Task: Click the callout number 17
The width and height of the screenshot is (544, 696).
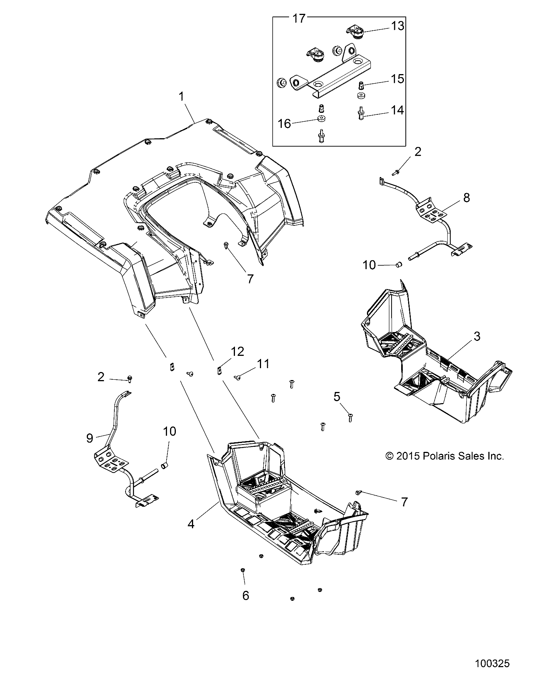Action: pos(299,18)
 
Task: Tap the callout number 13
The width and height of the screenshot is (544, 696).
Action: pos(398,26)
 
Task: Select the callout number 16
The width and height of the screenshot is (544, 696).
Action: pos(284,124)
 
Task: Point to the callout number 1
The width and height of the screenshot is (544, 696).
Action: pos(182,96)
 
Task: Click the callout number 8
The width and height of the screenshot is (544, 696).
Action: pos(466,198)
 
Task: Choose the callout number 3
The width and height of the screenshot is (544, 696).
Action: pos(476,336)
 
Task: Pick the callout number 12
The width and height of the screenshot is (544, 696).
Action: pos(237,351)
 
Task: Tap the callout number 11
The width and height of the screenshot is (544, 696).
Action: pos(263,364)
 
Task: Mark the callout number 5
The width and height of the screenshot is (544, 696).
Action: pos(337,397)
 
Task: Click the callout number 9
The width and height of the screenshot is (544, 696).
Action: pos(89,438)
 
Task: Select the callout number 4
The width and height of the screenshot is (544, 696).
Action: pos(191,524)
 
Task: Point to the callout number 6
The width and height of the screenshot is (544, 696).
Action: pos(246,595)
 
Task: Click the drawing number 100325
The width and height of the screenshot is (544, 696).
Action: pos(492,663)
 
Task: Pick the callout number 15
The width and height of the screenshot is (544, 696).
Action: pos(397,79)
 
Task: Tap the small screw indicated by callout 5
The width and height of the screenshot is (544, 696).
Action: pos(350,417)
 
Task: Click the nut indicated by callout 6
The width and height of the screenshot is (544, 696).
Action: pos(243,581)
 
